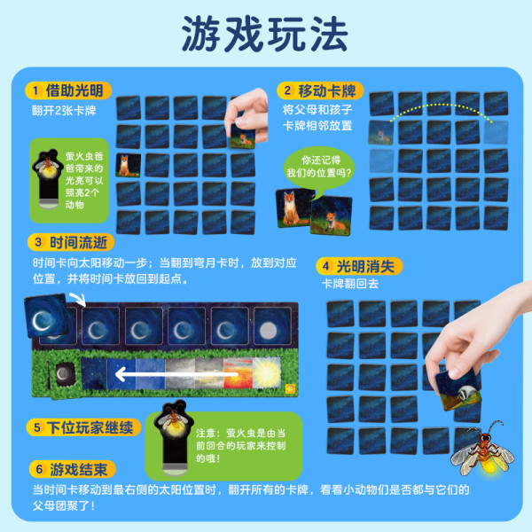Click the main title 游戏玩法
point(265,34)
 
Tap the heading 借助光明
point(74,90)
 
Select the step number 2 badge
point(287,90)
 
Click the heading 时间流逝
point(78,242)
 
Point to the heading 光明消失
point(365,266)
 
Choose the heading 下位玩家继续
point(90,427)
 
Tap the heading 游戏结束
point(79,470)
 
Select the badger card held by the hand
point(458,389)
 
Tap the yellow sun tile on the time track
point(267,372)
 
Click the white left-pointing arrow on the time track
point(176,374)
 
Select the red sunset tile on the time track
point(239,373)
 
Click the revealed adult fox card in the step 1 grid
point(129,165)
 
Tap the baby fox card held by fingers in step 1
point(242,136)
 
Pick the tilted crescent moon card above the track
point(46,316)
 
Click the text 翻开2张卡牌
point(64,110)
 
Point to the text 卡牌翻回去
point(350,284)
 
